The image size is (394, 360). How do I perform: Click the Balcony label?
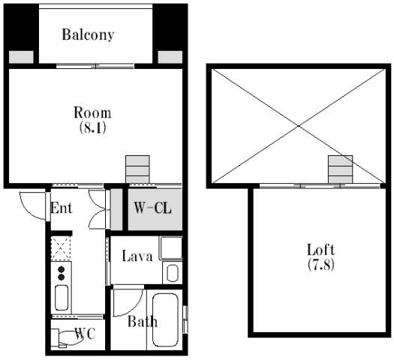point(88,34)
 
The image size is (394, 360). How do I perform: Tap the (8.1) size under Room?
point(92,127)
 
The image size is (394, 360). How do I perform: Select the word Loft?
point(321,250)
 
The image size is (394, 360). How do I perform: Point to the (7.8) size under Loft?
point(321,264)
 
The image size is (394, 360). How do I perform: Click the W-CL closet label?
point(152,208)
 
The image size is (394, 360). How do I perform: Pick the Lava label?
point(137,256)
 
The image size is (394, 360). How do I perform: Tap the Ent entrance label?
point(61,208)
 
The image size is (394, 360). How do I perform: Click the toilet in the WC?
point(66,338)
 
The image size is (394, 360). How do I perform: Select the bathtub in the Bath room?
point(165,319)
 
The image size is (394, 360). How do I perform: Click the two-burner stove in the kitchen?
point(61,273)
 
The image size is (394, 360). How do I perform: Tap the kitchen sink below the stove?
point(62,298)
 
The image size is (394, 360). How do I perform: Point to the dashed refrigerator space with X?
point(61,248)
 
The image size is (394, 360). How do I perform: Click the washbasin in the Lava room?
point(173,273)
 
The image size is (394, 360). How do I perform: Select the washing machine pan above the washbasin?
point(171,247)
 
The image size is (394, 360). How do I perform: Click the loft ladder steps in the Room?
point(137,169)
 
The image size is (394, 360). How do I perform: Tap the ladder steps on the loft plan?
point(340,169)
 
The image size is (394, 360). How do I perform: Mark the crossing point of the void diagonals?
point(299,126)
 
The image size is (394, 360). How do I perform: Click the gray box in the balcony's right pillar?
point(170,57)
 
